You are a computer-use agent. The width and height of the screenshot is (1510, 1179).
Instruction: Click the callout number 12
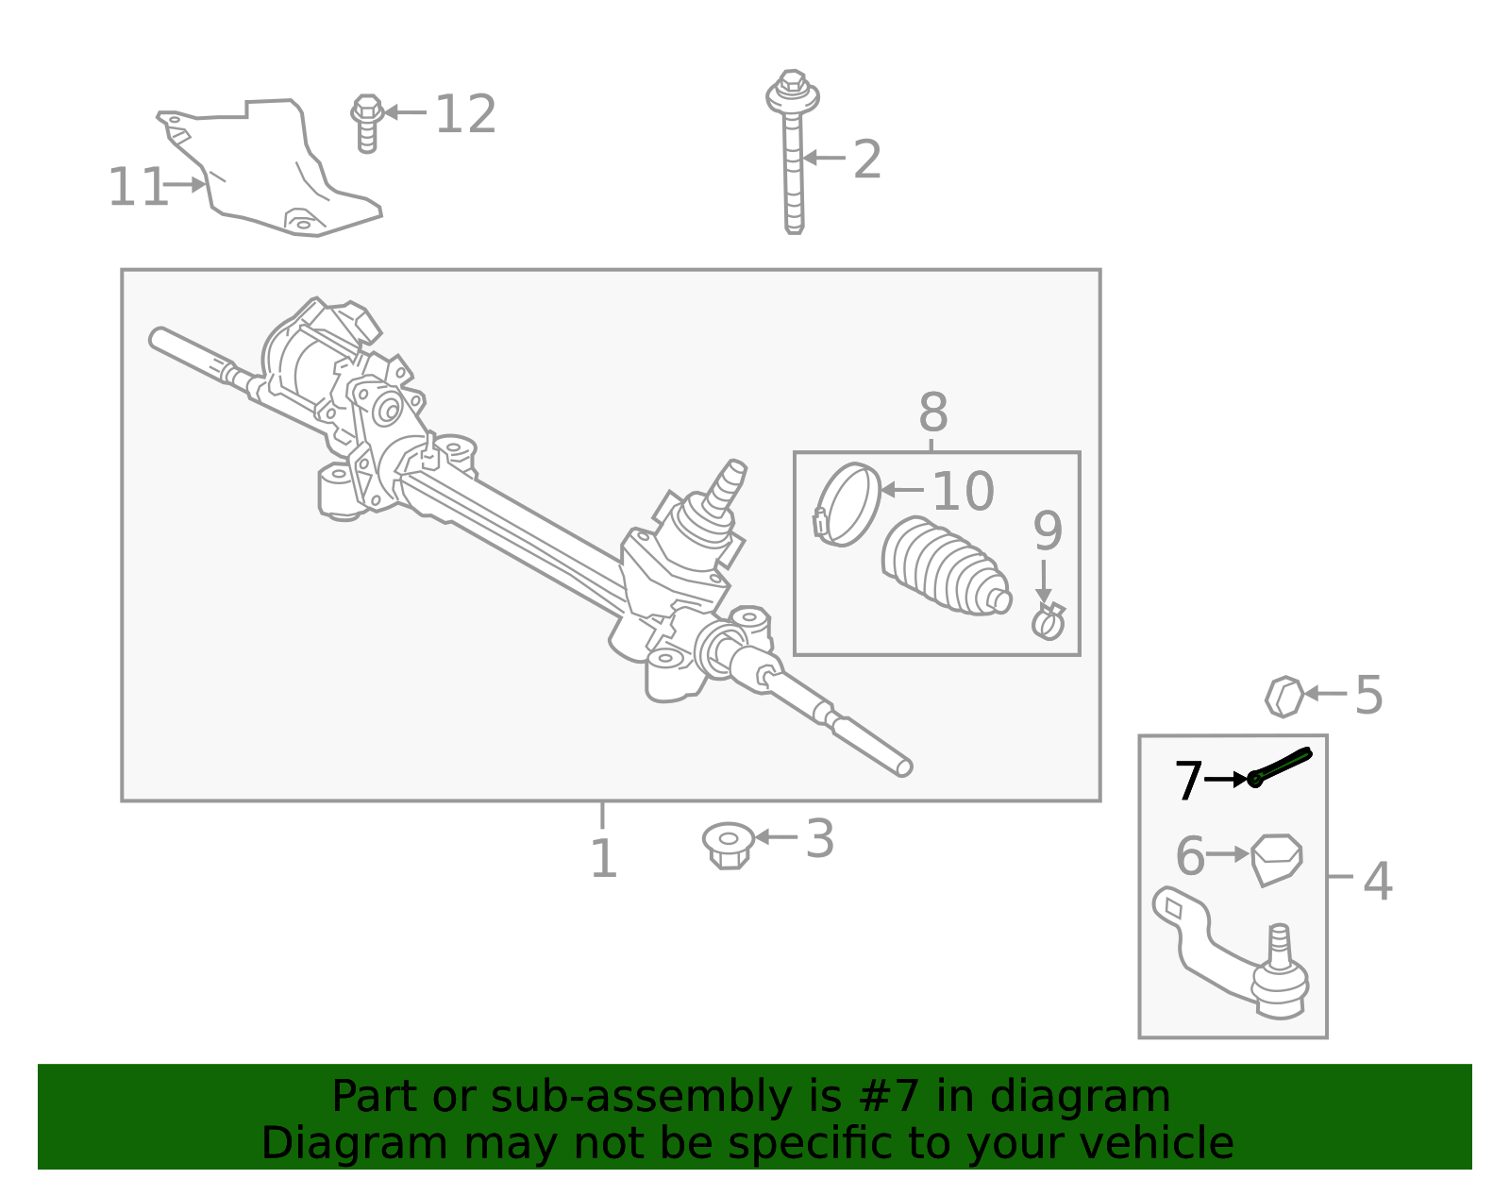465,115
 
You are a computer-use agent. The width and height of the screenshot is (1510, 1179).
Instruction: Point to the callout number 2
866,160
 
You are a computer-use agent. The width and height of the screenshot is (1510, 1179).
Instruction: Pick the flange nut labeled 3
729,844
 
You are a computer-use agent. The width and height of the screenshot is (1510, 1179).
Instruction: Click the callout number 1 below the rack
603,859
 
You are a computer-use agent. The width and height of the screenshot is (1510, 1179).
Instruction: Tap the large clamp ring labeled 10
847,504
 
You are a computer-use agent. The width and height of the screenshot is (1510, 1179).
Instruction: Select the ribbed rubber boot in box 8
944,566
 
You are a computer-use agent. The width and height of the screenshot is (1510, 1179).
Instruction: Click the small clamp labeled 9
1049,622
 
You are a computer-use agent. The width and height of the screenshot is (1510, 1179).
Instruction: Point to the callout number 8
932,413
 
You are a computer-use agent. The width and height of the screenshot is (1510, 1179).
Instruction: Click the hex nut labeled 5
1283,697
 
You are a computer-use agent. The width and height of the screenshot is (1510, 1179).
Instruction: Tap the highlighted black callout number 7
1188,782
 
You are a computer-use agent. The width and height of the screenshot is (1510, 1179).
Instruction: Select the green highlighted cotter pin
1281,765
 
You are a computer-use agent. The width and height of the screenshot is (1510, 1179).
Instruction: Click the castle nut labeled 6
1277,858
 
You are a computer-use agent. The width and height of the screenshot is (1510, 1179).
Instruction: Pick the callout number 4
1377,881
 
